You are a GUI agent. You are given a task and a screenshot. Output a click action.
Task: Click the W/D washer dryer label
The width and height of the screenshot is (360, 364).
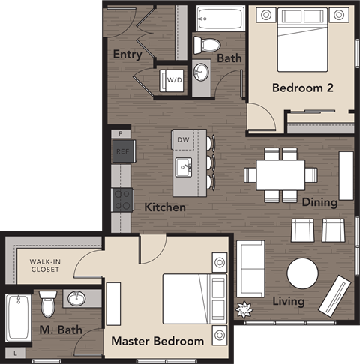coord(174,79)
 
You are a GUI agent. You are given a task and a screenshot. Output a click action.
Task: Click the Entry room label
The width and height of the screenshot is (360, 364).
coord(127,55)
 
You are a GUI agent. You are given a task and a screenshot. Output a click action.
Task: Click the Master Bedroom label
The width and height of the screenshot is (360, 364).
coord(157,341)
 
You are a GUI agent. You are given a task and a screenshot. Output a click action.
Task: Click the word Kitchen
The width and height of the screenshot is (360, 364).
coord(165,207)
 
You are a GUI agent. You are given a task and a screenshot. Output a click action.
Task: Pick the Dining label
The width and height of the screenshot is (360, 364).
coord(319,202)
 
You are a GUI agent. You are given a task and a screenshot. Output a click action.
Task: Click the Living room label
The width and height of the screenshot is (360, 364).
coord(289,301)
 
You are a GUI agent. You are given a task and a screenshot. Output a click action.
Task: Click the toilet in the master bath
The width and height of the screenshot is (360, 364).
coord(49,304)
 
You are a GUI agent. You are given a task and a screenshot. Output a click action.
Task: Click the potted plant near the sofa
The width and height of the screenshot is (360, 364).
coord(244,308)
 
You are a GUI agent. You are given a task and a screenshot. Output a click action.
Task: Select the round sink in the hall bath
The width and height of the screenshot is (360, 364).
coord(201,73)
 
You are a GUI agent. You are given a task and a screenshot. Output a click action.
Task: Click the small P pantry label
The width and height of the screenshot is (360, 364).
coord(120,133)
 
